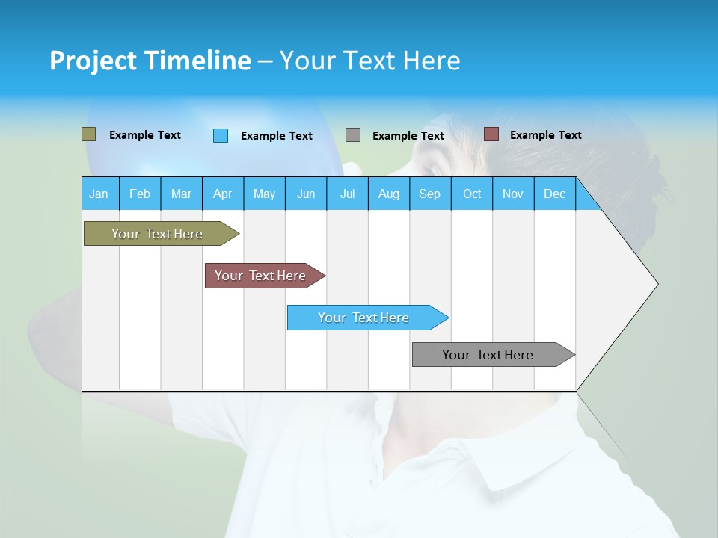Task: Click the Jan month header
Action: pyautogui.click(x=99, y=194)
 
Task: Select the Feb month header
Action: pyautogui.click(x=140, y=194)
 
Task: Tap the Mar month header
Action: pyautogui.click(x=181, y=194)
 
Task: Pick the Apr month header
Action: pyautogui.click(x=223, y=194)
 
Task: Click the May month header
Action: pyautogui.click(x=264, y=194)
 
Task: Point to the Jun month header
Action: pyautogui.click(x=306, y=194)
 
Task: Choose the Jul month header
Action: pyautogui.click(x=347, y=194)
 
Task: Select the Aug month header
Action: pyautogui.click(x=389, y=194)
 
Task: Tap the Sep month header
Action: pyautogui.click(x=430, y=194)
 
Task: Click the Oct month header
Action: pyautogui.click(x=472, y=194)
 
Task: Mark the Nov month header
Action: pyautogui.click(x=513, y=194)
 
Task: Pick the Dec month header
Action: pyautogui.click(x=555, y=194)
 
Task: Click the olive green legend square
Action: pyautogui.click(x=89, y=134)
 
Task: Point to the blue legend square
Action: pyautogui.click(x=221, y=135)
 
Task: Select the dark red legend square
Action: pyautogui.click(x=491, y=134)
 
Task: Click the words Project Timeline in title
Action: pyautogui.click(x=150, y=61)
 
